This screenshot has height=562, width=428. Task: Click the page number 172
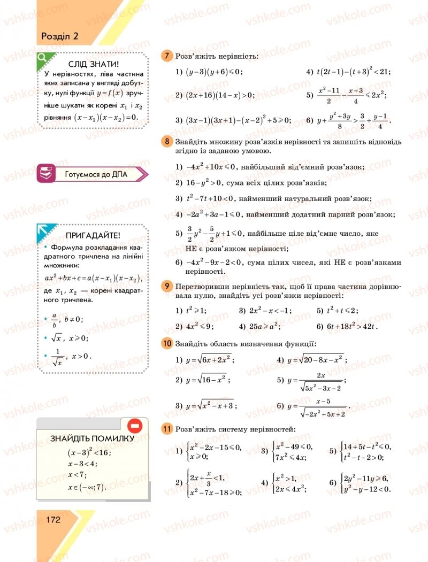tap(52, 520)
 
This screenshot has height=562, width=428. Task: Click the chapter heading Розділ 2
tap(59, 36)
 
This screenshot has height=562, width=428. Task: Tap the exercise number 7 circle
tap(167, 56)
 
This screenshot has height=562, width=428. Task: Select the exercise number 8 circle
tap(167, 141)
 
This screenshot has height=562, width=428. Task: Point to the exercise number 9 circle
tap(167, 287)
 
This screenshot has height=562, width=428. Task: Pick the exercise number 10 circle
tap(167, 343)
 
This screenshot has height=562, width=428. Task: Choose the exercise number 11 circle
tap(167, 428)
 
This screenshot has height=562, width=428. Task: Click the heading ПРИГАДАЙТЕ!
tap(93, 235)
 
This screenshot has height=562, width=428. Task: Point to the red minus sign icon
tap(134, 426)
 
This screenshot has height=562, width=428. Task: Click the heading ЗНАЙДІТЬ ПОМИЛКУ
tap(91, 438)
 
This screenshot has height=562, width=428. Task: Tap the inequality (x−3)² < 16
tap(89, 452)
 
